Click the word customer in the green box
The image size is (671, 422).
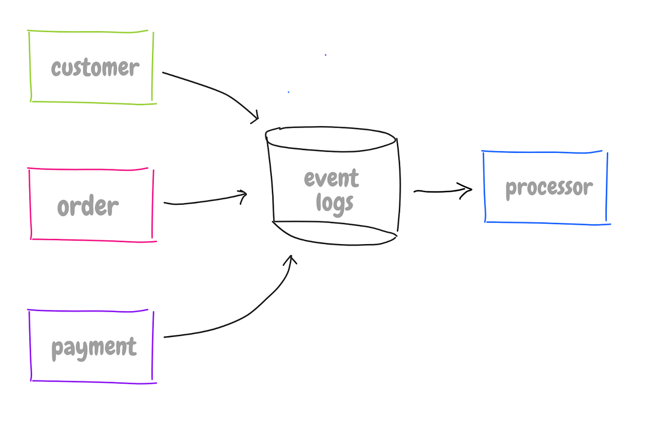pyautogui.click(x=95, y=68)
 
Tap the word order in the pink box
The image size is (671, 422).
pyautogui.click(x=88, y=207)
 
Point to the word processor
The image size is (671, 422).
pyautogui.click(x=549, y=188)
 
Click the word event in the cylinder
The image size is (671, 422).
pyautogui.click(x=331, y=179)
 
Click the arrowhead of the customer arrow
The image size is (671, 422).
pyautogui.click(x=256, y=117)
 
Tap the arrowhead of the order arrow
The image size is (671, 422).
pyautogui.click(x=244, y=194)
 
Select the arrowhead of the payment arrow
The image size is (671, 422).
pyautogui.click(x=290, y=259)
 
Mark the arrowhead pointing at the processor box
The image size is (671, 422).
pyautogui.click(x=469, y=189)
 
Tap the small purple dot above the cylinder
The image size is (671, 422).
pyautogui.click(x=325, y=55)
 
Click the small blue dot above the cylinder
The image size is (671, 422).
pyautogui.click(x=289, y=92)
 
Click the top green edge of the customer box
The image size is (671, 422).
pyautogui.click(x=89, y=32)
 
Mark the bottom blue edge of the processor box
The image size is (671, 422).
pyautogui.click(x=546, y=223)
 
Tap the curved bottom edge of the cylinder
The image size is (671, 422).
pyautogui.click(x=335, y=244)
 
